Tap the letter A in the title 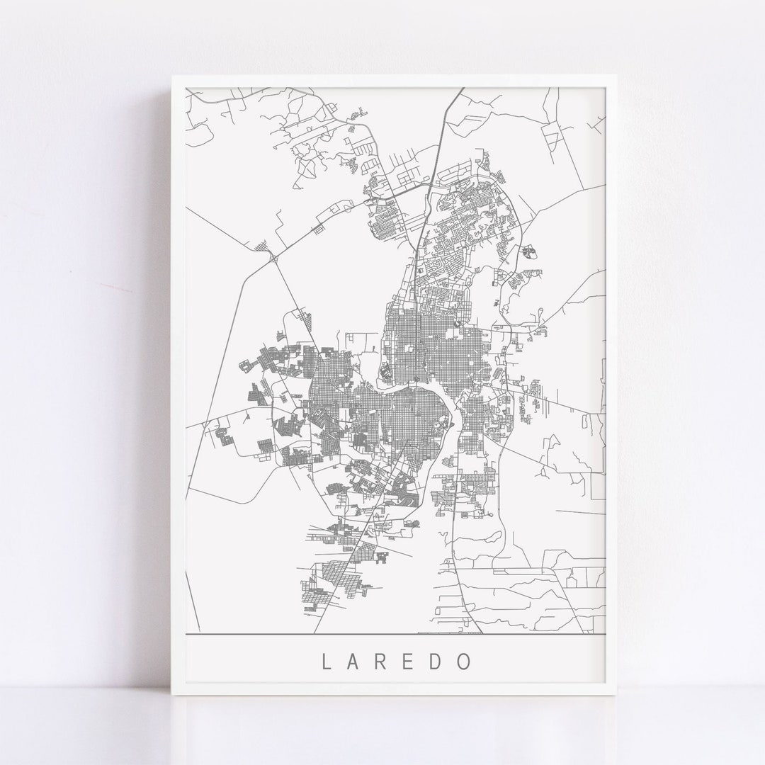[x=354, y=661]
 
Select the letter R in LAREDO [x=382, y=661]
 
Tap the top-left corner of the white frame [x=172, y=76]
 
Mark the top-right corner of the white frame [x=618, y=76]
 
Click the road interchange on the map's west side [x=273, y=259]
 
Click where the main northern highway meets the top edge [x=463, y=89]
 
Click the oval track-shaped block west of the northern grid [x=386, y=370]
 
